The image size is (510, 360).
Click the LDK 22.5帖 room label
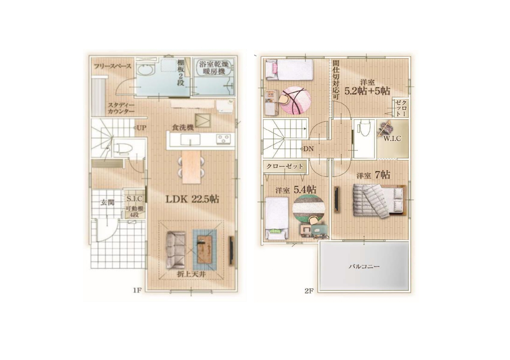pos(192,200)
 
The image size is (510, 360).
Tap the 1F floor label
pos(137,290)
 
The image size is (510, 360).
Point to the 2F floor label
pos(309,291)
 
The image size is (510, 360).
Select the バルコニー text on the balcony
pos(364,266)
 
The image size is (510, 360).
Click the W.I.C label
pos(392,138)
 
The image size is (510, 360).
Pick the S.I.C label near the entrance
pos(134,199)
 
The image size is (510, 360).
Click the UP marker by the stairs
pos(140,128)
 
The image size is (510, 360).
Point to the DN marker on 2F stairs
pos(307,149)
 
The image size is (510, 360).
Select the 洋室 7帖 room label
pos(373,175)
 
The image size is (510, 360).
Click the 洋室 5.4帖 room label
pos(296,190)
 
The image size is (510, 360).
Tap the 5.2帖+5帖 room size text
pos(367,91)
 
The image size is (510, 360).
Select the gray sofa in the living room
pos(176,250)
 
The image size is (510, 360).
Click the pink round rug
pos(295,100)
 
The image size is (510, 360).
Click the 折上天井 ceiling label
pos(191,274)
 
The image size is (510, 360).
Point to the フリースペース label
pos(113,66)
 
